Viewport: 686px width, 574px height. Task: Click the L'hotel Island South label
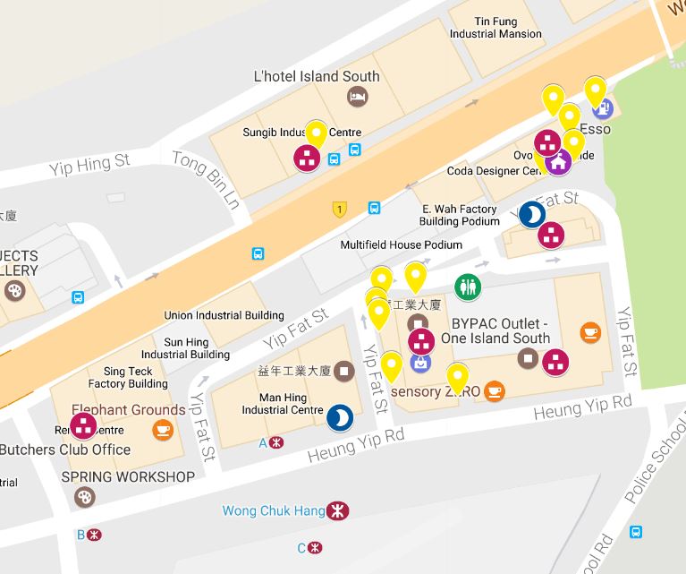pos(317,76)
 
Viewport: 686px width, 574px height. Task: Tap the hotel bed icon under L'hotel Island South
pos(355,97)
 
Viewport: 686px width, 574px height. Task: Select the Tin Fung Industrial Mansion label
pos(495,27)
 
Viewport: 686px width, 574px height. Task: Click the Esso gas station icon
pos(603,108)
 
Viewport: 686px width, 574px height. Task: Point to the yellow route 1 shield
pos(339,210)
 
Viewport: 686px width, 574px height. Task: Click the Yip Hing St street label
pos(89,163)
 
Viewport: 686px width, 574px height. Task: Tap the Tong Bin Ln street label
pos(207,179)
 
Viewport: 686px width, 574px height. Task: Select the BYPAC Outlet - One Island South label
pos(488,330)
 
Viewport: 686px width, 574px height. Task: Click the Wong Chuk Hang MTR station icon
pos(338,511)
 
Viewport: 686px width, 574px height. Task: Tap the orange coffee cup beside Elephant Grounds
pos(162,431)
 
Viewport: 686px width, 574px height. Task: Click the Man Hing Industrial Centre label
pos(282,403)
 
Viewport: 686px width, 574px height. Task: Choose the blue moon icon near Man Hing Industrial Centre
pos(339,417)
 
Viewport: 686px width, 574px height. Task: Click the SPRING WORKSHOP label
pos(128,476)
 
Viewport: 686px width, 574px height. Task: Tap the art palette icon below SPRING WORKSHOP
pos(83,497)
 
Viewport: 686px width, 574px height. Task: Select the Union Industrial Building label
pos(224,315)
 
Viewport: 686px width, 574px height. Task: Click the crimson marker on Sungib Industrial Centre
pos(307,159)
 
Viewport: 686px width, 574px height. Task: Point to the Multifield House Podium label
pos(402,244)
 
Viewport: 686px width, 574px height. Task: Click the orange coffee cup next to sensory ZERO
pos(495,390)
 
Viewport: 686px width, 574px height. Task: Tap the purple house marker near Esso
pos(559,163)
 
